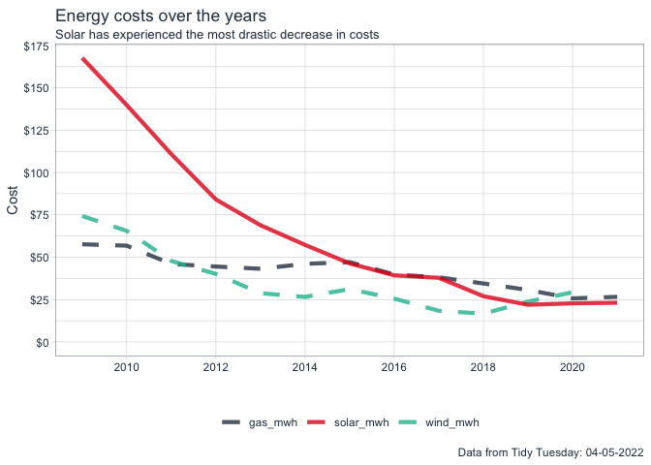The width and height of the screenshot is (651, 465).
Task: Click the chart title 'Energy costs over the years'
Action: pyautogui.click(x=161, y=16)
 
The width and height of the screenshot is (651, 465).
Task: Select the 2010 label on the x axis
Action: pyautogui.click(x=126, y=367)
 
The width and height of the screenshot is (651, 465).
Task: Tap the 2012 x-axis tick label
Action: pyautogui.click(x=215, y=367)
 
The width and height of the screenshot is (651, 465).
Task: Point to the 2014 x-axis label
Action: pyautogui.click(x=304, y=367)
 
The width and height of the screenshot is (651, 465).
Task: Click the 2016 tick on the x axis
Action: pyautogui.click(x=393, y=367)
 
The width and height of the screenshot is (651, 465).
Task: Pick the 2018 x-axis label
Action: pyautogui.click(x=482, y=367)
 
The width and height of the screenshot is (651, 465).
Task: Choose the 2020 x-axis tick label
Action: pyautogui.click(x=572, y=367)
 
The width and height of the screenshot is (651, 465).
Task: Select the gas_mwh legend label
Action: pyautogui.click(x=273, y=422)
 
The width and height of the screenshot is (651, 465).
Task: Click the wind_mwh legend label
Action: pyautogui.click(x=452, y=422)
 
